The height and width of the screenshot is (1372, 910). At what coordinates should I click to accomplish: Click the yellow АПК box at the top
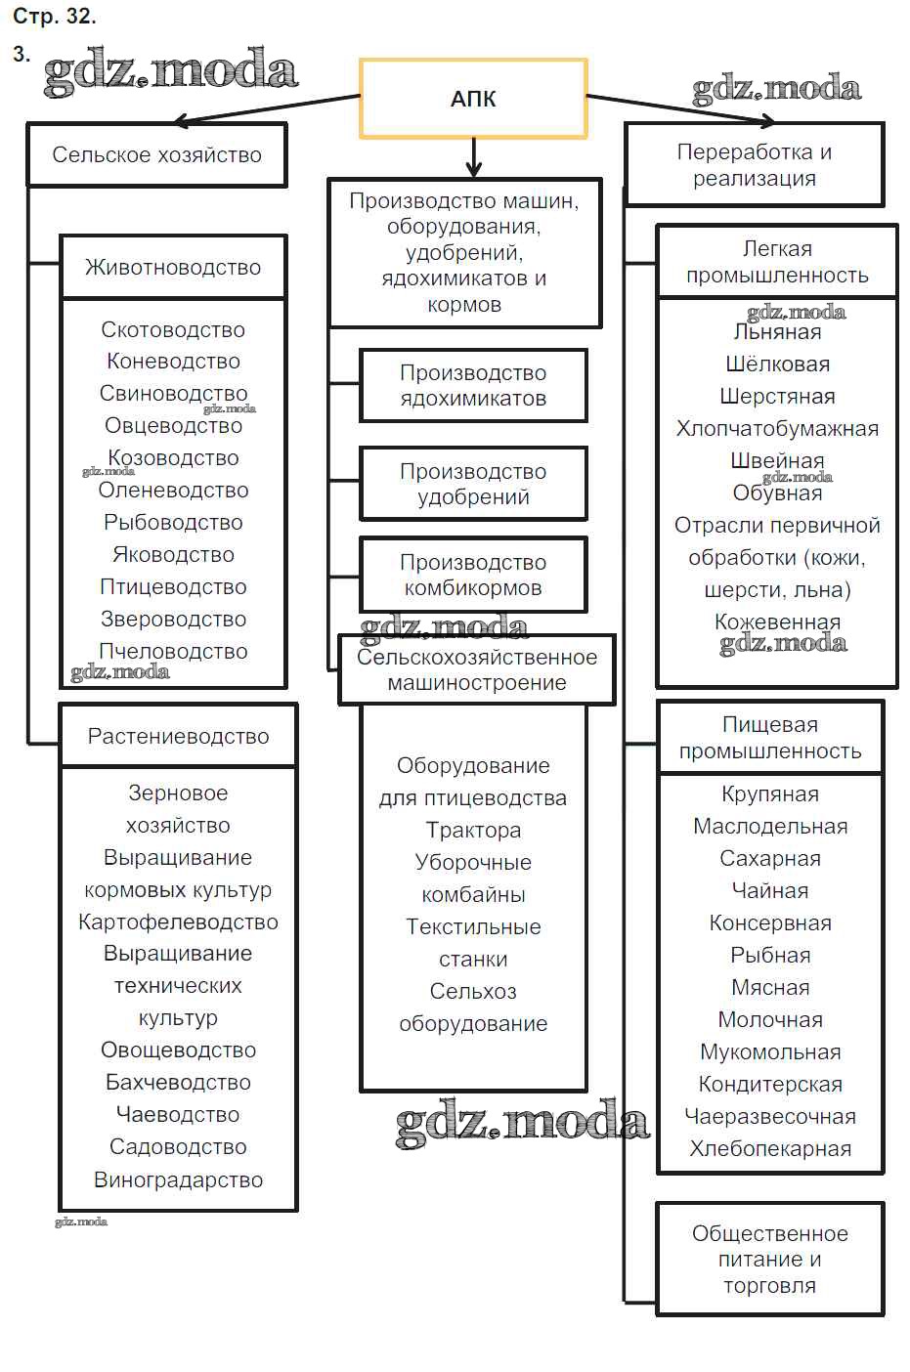(473, 98)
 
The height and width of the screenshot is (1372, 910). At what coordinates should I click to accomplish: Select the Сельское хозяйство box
(156, 154)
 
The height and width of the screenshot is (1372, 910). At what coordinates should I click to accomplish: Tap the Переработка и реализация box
(754, 164)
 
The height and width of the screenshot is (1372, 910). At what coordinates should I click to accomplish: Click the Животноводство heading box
(173, 267)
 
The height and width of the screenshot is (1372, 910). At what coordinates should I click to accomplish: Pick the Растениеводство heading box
(178, 736)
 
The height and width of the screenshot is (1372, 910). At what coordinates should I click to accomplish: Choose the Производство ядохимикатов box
(473, 385)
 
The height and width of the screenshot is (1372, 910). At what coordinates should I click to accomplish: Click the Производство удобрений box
(473, 484)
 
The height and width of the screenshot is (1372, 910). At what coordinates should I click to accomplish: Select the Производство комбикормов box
(473, 575)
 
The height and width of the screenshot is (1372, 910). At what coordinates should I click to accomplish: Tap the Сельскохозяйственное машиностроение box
(477, 669)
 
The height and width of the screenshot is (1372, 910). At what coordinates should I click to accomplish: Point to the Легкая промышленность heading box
(777, 262)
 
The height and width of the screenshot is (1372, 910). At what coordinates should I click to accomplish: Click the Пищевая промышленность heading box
(770, 738)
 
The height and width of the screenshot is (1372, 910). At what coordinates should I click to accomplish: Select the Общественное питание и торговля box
(770, 1259)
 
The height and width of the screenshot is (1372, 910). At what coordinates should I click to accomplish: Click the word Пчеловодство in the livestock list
(173, 651)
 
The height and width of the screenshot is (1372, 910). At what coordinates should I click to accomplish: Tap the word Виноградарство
(178, 1179)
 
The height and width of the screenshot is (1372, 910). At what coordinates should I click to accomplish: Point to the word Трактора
(473, 830)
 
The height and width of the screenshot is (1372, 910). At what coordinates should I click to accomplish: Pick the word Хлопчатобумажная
(777, 428)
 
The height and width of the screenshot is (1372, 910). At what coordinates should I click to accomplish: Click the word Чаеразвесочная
(770, 1116)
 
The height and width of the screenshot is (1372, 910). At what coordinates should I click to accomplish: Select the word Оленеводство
(173, 490)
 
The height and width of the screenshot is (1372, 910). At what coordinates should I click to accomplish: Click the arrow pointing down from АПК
(474, 156)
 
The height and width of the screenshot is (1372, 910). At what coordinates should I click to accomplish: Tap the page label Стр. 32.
(55, 17)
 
